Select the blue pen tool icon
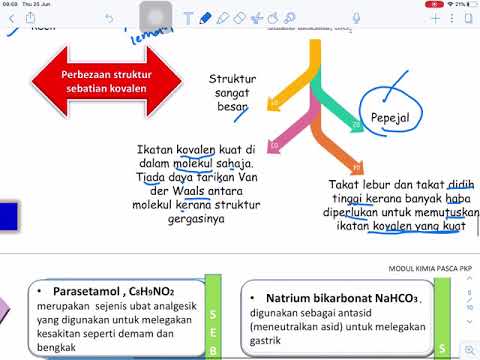click(205, 18)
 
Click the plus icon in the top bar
click(435, 18)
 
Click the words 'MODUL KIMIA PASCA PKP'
click(432, 268)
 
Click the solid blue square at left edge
click(8, 215)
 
